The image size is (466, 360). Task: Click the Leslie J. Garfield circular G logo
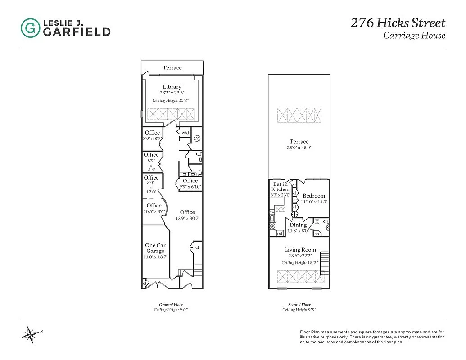[30, 28]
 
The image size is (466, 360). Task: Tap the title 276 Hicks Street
[398, 23]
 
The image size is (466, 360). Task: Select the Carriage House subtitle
[414, 36]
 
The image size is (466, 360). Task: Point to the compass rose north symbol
[31, 334]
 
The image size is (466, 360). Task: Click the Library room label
[172, 87]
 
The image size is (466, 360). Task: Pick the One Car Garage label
[155, 248]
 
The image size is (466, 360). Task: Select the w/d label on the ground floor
[185, 133]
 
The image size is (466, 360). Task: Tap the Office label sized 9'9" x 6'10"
[190, 181]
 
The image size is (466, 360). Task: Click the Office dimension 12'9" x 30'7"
[187, 218]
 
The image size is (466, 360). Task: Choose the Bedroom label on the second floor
[313, 196]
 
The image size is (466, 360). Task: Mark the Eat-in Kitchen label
[281, 187]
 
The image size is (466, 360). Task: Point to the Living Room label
[300, 250]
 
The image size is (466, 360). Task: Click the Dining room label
[298, 225]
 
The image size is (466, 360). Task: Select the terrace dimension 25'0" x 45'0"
[299, 148]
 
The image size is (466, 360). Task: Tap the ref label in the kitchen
[280, 234]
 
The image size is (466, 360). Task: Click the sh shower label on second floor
[317, 234]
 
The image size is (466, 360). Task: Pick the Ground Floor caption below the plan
[171, 305]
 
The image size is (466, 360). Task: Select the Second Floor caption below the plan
[299, 305]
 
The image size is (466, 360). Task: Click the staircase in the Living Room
[325, 262]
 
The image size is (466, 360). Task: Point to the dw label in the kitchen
[272, 211]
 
